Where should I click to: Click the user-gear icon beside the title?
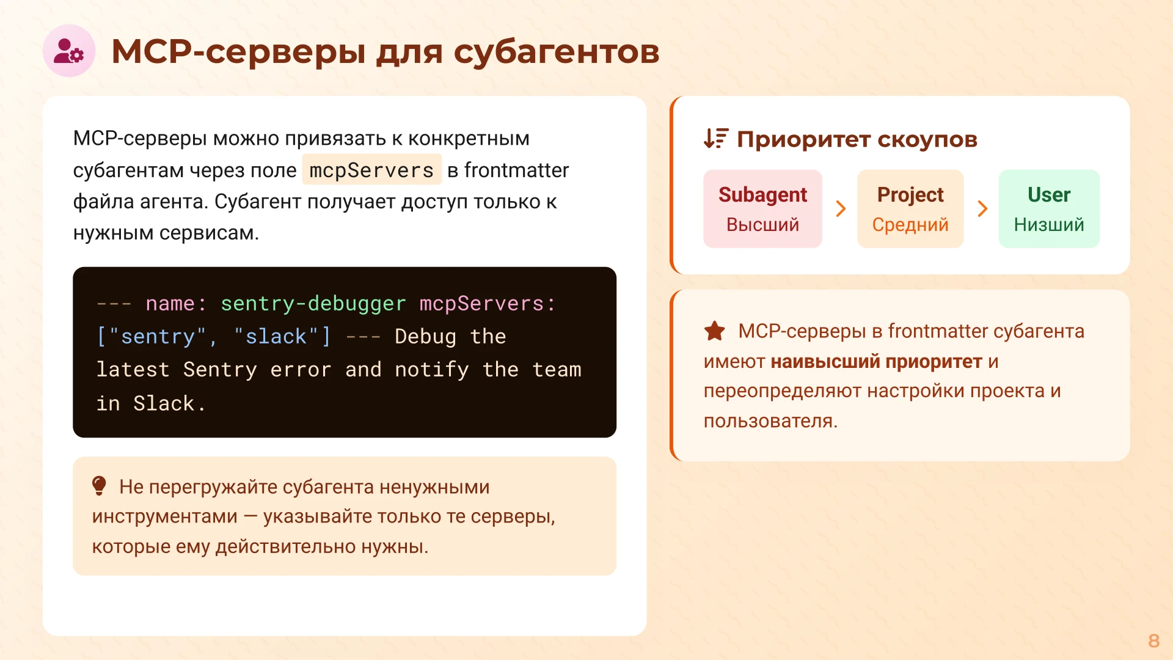tap(68, 51)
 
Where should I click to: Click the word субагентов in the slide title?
tap(556, 51)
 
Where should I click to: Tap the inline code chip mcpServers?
tap(371, 170)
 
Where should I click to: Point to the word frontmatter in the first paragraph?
tap(516, 170)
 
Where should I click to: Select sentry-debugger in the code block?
tap(313, 304)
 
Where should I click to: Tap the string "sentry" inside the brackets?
tap(158, 337)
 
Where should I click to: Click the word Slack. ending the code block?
tap(169, 403)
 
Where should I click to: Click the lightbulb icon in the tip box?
tap(99, 486)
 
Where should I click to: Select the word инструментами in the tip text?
tap(164, 516)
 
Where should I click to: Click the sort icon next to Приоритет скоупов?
tap(715, 139)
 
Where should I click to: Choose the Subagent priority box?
tap(762, 208)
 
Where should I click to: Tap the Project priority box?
tap(910, 208)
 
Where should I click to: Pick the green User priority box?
tap(1048, 208)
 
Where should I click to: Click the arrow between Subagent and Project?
tap(841, 208)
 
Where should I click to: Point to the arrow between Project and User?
tap(982, 208)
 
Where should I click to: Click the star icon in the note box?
tap(714, 331)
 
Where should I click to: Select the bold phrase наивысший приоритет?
tap(876, 361)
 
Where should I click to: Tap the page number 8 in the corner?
tap(1153, 640)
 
